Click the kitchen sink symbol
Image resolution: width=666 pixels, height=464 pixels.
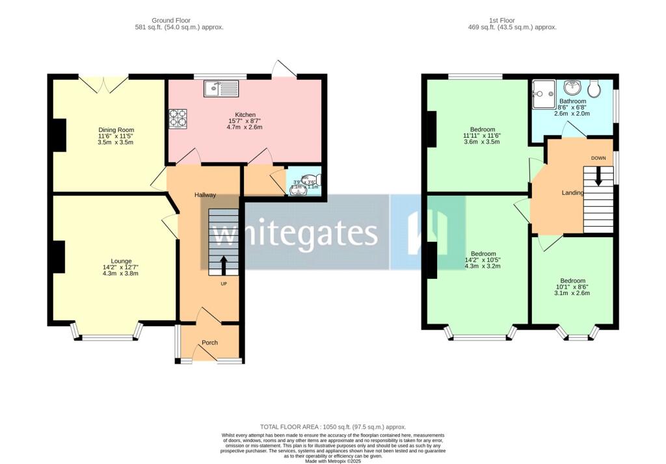point(221,88)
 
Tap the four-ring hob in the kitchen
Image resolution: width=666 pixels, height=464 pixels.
point(178,118)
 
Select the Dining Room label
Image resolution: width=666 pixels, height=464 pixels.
point(116,130)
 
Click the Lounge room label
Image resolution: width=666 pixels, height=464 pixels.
point(121,261)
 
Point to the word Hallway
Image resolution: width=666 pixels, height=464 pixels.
point(205,195)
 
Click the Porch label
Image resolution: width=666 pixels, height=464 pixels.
point(209,342)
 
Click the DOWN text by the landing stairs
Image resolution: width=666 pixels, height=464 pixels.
point(598,159)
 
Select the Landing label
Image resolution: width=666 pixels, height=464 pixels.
point(572,192)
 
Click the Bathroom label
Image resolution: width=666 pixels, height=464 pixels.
point(572,101)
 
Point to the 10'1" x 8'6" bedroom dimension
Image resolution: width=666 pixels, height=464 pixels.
point(572,287)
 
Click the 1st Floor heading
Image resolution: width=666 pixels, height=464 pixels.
point(512,20)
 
